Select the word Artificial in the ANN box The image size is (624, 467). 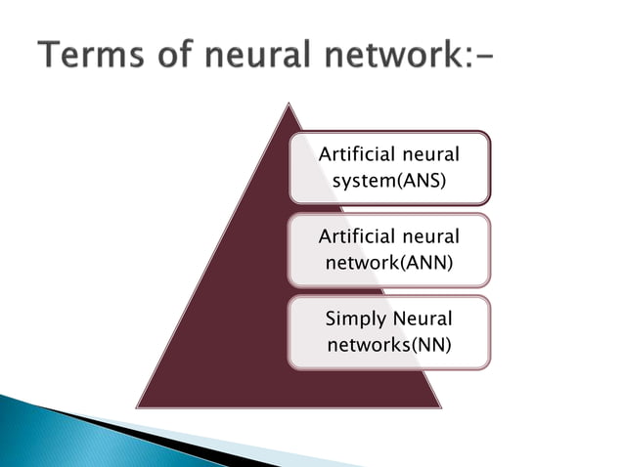pyautogui.click(x=356, y=236)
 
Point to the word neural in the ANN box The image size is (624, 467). pyautogui.click(x=428, y=236)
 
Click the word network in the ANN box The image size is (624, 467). pyautogui.click(x=355, y=263)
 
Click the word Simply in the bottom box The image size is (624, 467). pyautogui.click(x=358, y=318)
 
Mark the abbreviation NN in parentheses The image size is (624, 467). pyautogui.click(x=430, y=345)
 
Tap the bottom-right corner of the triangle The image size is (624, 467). pyautogui.click(x=441, y=408)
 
